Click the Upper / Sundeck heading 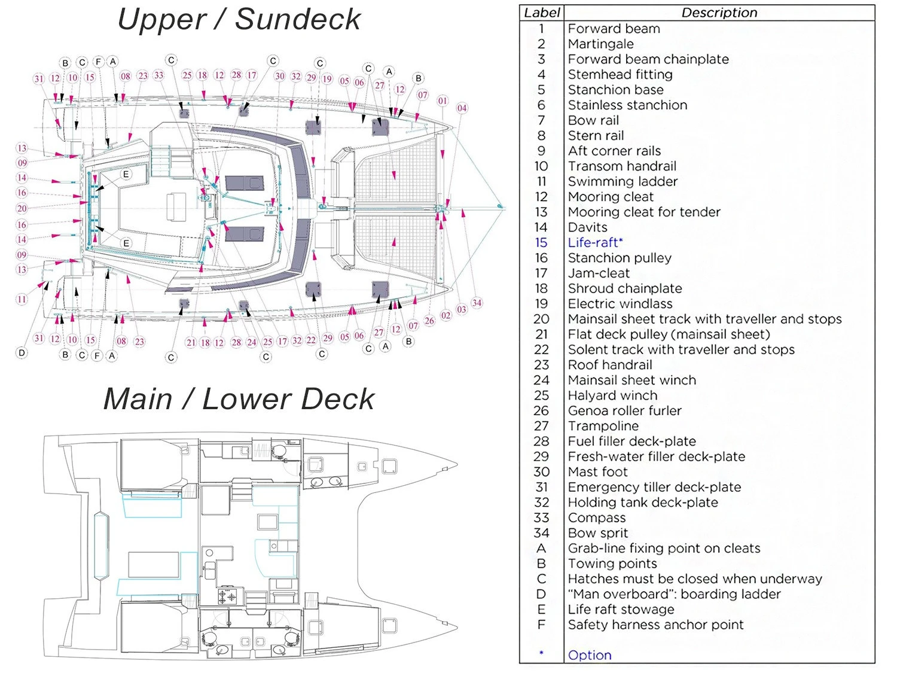239,19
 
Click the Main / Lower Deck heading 239,399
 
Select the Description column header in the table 719,13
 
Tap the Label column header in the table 542,13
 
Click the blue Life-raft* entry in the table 595,242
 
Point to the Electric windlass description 620,304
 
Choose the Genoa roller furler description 624,411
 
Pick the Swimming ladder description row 623,181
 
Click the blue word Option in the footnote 590,655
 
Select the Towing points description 612,564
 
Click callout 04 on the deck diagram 462,108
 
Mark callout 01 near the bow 443,101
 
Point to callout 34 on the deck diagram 477,303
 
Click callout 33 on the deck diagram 158,75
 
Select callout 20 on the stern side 22,209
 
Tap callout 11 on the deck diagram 22,299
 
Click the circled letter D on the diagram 22,353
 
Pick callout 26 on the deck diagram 429,321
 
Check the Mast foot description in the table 597,472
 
